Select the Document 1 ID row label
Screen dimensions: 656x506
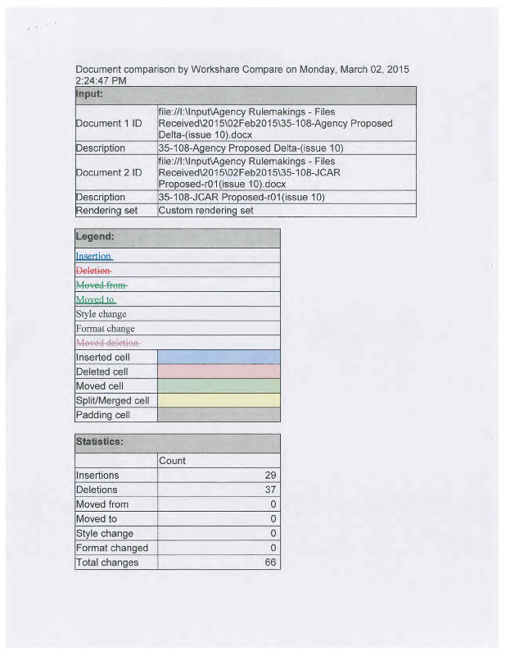108,123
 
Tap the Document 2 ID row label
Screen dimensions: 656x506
108,172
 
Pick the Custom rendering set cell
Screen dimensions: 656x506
205,210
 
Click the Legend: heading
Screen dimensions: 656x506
95,237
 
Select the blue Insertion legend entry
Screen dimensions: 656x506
94,256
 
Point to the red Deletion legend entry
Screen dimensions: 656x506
93,271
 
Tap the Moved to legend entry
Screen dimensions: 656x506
95,299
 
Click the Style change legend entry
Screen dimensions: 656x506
101,314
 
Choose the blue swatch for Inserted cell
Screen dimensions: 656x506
218,357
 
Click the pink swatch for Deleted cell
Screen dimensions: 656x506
218,371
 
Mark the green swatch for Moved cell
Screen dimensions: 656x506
218,385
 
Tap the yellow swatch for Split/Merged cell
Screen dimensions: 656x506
218,400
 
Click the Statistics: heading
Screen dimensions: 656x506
99,442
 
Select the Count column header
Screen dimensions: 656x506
172,461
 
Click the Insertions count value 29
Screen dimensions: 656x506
270,476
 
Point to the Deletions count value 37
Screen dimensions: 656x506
270,490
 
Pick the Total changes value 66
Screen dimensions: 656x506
270,563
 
